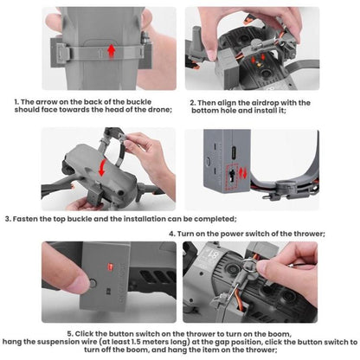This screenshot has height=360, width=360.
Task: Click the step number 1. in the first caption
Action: pyautogui.click(x=17, y=101)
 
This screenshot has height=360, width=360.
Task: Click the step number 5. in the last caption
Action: pyautogui.click(x=71, y=333)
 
